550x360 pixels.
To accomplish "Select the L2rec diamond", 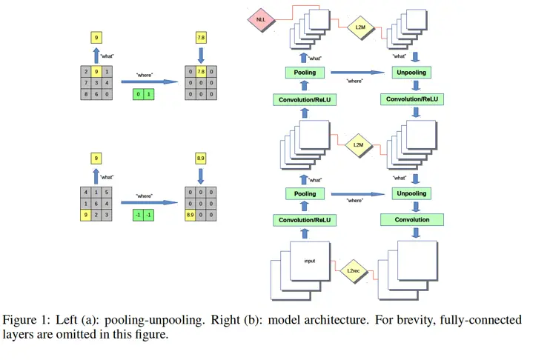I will tap(355, 271).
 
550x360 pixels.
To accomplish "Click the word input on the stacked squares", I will tap(309, 261).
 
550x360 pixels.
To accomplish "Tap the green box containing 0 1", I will tap(144, 95).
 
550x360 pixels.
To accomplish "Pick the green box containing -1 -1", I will tap(144, 215).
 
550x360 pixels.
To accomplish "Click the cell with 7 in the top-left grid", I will tap(87, 83).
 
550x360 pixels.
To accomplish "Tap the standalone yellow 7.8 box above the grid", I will tap(201, 37).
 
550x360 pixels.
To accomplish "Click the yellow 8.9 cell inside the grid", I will tap(190, 215).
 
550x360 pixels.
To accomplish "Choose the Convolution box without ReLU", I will tap(411, 220).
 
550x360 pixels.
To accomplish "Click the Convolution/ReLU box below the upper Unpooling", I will tap(411, 99).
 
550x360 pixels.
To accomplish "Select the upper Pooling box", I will tap(305, 73).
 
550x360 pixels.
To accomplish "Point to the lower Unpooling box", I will tap(411, 194).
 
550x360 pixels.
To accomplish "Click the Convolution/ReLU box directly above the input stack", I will tap(305, 220).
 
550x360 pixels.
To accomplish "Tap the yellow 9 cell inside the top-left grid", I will tap(97, 72).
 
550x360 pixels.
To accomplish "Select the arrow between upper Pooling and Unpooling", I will tap(360, 73).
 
